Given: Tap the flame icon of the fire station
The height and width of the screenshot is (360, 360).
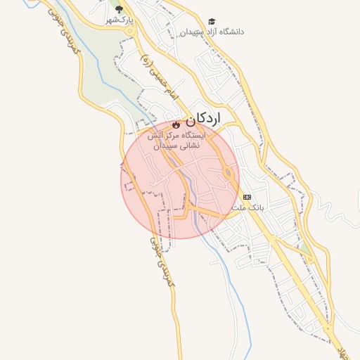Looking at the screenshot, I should click(176, 124).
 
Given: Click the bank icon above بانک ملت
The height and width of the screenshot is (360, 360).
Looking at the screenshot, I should click(247, 197).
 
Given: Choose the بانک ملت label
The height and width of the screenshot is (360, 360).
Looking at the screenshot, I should click(247, 208).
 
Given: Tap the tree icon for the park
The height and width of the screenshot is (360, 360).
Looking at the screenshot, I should click(119, 10).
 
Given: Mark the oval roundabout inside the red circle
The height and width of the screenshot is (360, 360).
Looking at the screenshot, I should click(229, 173).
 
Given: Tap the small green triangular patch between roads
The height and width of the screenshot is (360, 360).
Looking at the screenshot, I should click(304, 249).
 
